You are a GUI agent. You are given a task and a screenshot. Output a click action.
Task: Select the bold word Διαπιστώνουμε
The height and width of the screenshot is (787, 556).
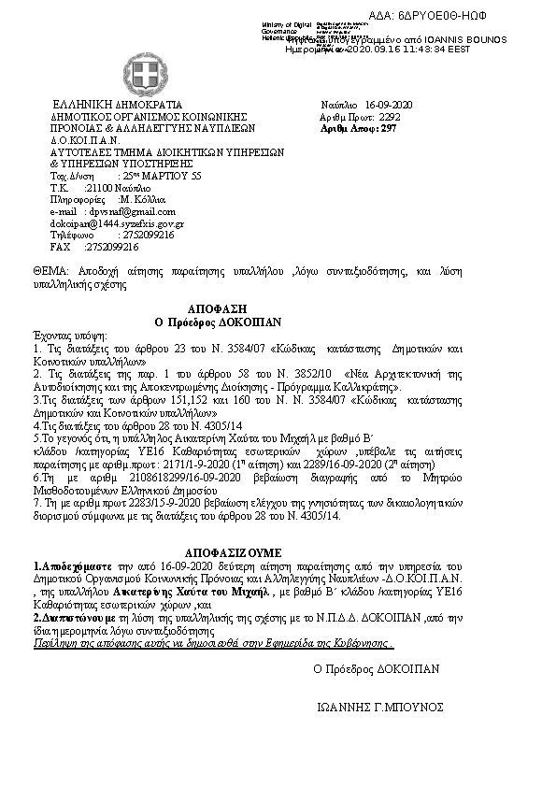click(65, 617)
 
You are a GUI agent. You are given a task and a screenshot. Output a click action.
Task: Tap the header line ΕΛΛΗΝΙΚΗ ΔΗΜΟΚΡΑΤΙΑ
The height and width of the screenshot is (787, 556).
click(118, 104)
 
